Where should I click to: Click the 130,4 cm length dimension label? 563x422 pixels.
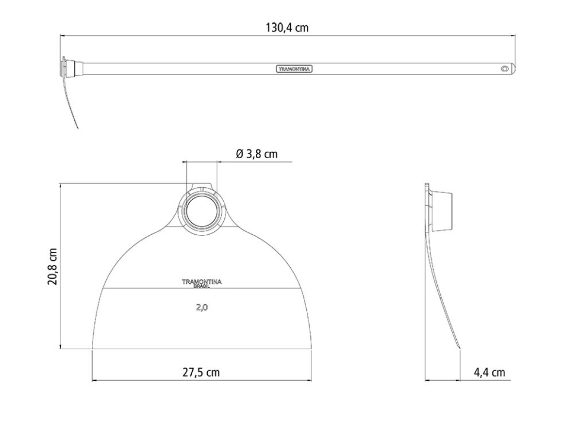pos(287,28)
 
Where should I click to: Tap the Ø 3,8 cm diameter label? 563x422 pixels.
pos(257,154)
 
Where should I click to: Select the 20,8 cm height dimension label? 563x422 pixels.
pos(52,266)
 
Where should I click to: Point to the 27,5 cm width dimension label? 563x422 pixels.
pos(201,372)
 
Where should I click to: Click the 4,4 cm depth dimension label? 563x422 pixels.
pos(489,373)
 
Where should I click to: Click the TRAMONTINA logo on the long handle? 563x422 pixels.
pos(294,69)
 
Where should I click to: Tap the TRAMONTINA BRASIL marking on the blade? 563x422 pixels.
pos(202,283)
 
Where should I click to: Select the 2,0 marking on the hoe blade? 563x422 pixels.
pos(202,308)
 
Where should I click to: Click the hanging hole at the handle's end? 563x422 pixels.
pos(504,68)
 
